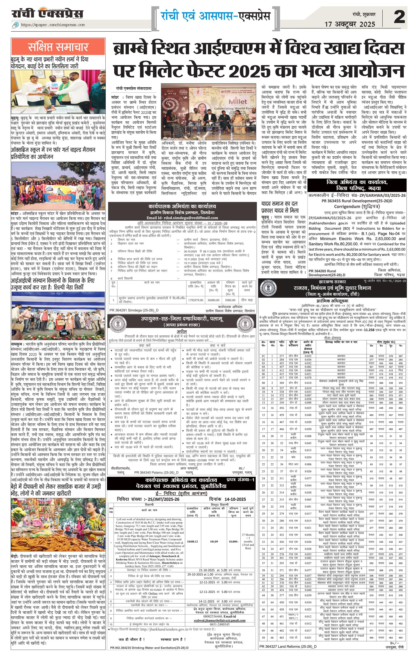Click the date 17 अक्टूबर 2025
350,24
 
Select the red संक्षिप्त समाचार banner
58,47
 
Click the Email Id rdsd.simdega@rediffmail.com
182,218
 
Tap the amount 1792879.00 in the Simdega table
196,300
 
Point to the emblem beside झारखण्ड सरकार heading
269,288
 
